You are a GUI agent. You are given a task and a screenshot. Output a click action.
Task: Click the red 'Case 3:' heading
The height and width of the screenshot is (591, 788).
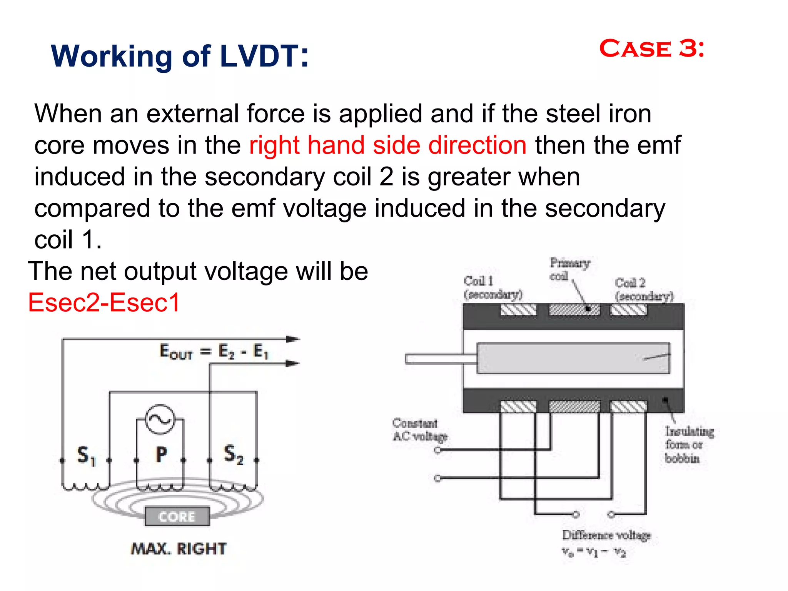tap(652, 49)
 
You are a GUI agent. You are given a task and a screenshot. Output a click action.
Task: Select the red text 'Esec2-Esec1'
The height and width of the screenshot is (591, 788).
tap(104, 302)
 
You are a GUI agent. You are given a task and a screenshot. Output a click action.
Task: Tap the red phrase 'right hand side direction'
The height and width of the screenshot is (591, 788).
tap(387, 145)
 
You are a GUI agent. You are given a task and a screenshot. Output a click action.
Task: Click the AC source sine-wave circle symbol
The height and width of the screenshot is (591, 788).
tap(160, 419)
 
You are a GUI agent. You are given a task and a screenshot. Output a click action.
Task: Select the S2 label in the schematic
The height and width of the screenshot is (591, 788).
tap(233, 454)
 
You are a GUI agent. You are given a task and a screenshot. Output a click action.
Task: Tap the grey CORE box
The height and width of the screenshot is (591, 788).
tap(177, 516)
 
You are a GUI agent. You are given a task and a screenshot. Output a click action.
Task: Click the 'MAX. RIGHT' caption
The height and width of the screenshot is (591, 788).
tap(179, 549)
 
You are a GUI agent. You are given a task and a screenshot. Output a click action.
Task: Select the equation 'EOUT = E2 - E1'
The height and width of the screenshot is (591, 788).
tap(214, 351)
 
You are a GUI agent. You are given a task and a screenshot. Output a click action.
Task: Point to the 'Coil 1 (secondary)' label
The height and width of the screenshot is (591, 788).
tap(492, 288)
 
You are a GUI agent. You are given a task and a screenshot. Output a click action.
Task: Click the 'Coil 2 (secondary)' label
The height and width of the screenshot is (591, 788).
tap(644, 289)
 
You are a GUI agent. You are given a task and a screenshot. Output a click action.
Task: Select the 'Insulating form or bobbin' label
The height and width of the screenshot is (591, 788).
tap(688, 445)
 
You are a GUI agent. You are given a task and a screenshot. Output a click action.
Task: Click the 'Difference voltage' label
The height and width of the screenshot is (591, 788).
tap(606, 535)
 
